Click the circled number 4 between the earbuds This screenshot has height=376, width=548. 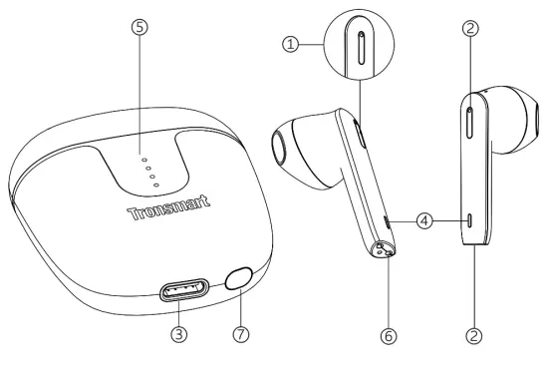[425, 221]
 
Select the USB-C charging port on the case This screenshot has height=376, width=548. [182, 291]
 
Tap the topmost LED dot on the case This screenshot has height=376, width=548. [142, 159]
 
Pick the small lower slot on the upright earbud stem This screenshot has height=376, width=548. [469, 221]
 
